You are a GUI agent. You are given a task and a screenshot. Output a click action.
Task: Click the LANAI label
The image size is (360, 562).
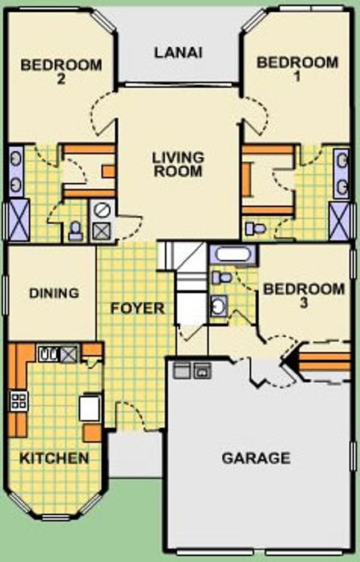pyautogui.click(x=178, y=53)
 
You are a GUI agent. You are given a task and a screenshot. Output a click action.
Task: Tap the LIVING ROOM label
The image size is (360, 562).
pyautogui.click(x=178, y=164)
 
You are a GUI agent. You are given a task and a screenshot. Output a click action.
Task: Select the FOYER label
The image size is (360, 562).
pyautogui.click(x=137, y=308)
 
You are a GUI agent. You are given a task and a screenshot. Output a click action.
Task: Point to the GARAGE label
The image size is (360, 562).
pyautogui.click(x=256, y=458)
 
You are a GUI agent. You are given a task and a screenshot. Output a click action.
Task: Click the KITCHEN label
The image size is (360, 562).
pyautogui.click(x=54, y=458)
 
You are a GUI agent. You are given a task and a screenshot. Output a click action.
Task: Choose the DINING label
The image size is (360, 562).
pyautogui.click(x=54, y=293)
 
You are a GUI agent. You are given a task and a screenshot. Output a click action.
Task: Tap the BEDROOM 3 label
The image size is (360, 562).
pyautogui.click(x=304, y=296)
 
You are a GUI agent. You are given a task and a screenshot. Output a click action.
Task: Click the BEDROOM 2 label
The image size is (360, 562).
pyautogui.click(x=61, y=71)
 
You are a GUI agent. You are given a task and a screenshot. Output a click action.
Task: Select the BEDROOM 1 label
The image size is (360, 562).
pyautogui.click(x=297, y=69)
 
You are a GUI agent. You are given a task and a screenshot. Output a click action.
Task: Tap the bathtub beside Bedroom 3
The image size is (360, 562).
pyautogui.click(x=233, y=255)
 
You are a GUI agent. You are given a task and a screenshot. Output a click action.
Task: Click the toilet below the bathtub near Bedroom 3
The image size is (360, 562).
pyautogui.click(x=221, y=277)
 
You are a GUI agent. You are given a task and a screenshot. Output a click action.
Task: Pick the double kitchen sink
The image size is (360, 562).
pyautogui.click(x=48, y=354)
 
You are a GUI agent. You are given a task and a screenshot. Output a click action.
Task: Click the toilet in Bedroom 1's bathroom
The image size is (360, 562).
pyautogui.click(x=255, y=228)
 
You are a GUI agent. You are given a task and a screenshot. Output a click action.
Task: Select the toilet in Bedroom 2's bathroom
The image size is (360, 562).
pyautogui.click(x=75, y=230)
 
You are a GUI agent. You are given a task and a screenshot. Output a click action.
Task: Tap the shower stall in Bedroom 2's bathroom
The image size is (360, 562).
pyautogui.click(x=19, y=220)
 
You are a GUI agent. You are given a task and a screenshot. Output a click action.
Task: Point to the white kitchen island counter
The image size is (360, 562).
pyautogui.click(x=89, y=408)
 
